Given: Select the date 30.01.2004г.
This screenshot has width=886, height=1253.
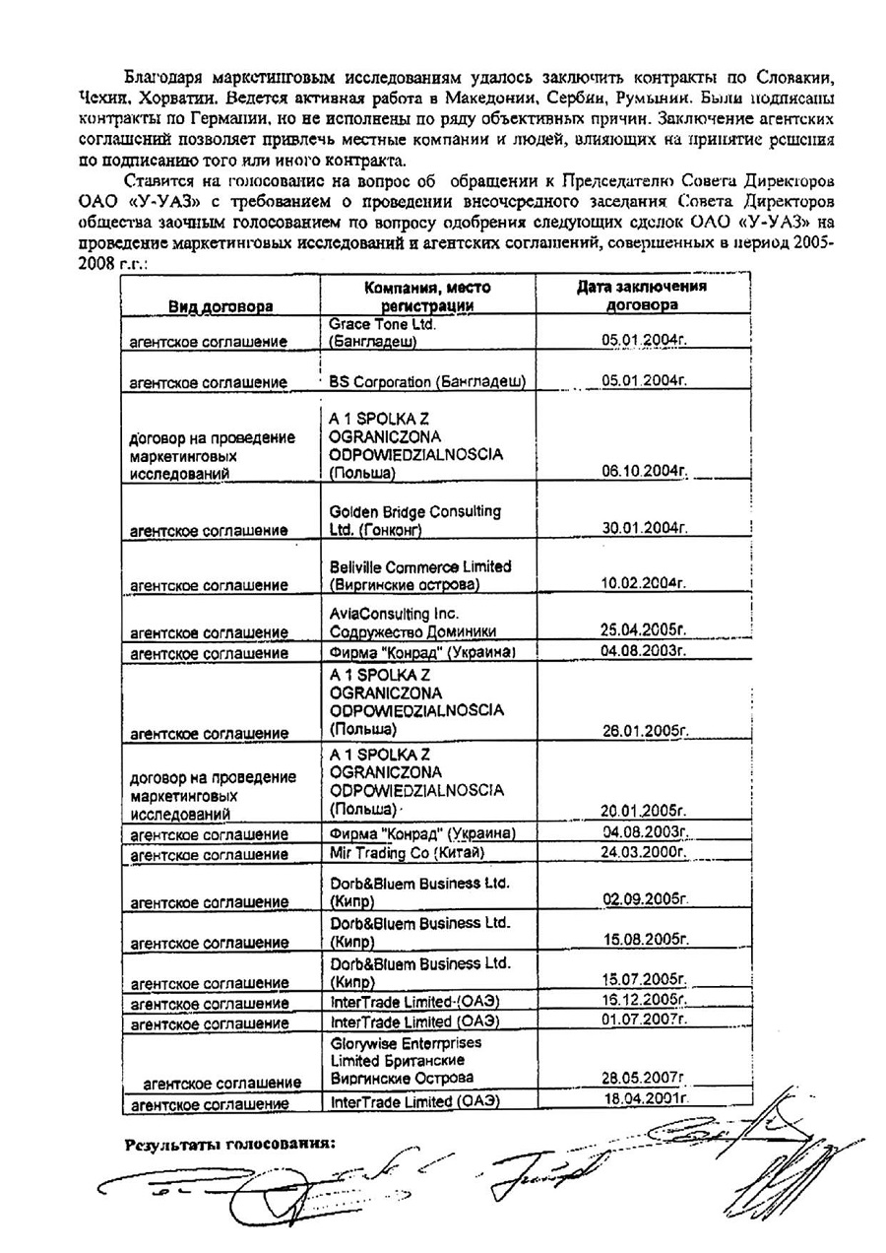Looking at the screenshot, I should [x=644, y=529].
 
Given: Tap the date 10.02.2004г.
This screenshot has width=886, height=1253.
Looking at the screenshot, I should [x=644, y=584].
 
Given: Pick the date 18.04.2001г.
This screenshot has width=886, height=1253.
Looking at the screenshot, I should [x=644, y=1097].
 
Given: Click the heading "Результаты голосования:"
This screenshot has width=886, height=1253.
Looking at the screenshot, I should [x=230, y=1145].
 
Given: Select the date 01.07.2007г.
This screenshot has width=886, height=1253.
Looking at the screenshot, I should [x=644, y=1020].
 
